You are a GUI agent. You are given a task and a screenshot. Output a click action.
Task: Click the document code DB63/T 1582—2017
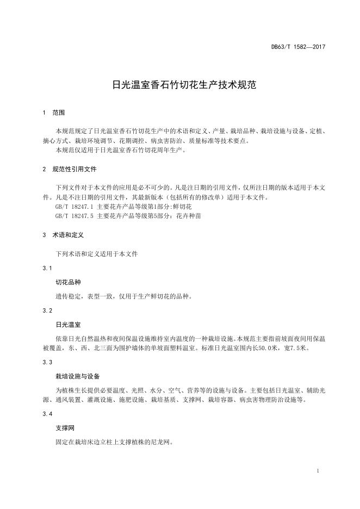298,47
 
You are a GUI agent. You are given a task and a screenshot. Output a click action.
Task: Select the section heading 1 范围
53,113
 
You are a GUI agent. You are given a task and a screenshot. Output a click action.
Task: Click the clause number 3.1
47,268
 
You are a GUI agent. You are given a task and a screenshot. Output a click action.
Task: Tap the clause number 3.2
47,311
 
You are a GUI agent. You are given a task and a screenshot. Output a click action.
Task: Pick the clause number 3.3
47,362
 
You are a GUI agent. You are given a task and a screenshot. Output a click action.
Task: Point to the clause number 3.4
47,414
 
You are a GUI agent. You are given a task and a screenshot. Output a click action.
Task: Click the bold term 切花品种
68,282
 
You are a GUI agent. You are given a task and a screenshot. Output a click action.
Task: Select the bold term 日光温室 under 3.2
68,325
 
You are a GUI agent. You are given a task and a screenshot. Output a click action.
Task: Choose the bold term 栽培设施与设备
78,376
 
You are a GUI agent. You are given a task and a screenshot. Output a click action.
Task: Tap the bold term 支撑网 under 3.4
65,428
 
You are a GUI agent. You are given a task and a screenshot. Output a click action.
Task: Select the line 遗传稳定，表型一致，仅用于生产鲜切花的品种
123,296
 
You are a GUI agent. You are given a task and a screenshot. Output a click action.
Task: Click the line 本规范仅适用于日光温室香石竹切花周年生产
121,150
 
